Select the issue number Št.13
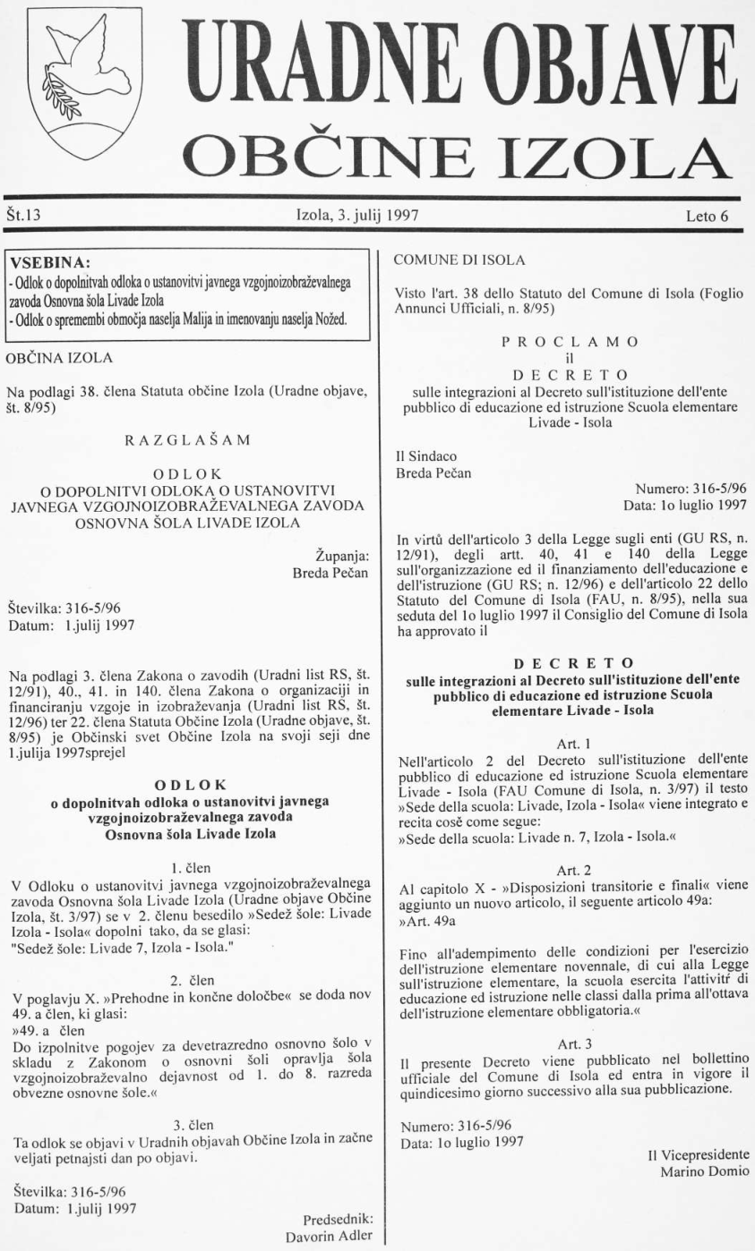(25, 215)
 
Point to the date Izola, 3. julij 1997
(358, 215)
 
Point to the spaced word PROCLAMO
(570, 345)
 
